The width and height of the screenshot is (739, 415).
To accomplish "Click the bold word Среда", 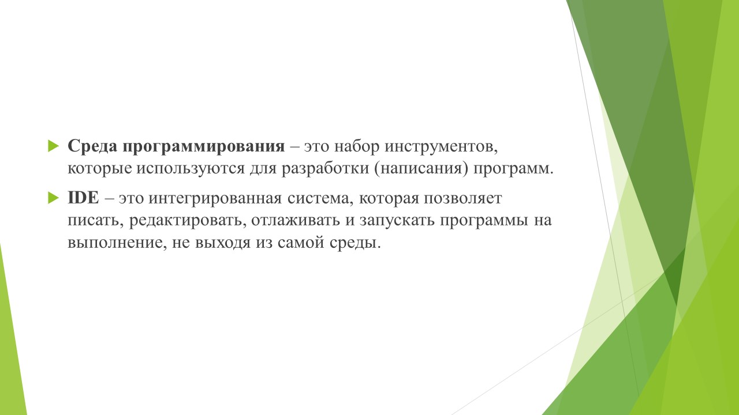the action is [93, 146].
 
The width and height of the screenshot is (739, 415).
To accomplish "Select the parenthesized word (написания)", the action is [421, 168].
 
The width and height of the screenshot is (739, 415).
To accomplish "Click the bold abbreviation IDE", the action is [83, 198].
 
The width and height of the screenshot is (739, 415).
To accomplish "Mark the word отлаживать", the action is [295, 220].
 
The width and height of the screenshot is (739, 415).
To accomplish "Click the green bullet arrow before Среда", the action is [53, 146].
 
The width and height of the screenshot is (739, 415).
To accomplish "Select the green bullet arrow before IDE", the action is [53, 198].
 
